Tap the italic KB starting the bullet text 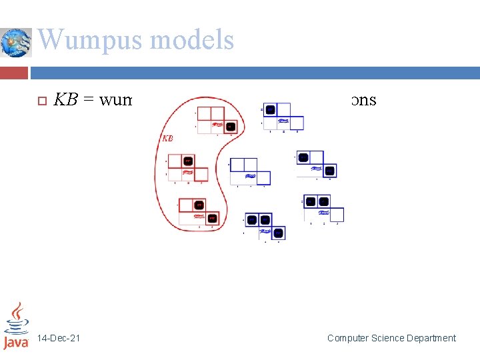tap(66, 100)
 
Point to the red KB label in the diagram tap(168, 138)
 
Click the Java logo tap(16, 326)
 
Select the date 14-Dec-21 tap(59, 338)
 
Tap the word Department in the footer tap(433, 338)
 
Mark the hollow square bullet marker tap(40, 101)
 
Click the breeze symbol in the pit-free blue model tap(250, 177)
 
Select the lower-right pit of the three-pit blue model tap(279, 233)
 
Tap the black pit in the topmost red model tap(230, 126)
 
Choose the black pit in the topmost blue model tap(270, 109)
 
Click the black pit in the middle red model tap(188, 161)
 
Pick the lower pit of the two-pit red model tap(211, 218)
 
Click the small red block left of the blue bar tap(15, 71)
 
